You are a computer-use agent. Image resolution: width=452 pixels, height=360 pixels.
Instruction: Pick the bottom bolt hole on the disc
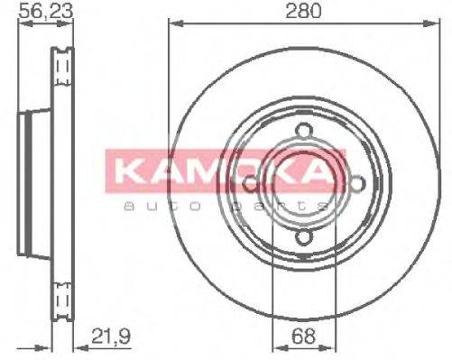[x=303, y=238]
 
